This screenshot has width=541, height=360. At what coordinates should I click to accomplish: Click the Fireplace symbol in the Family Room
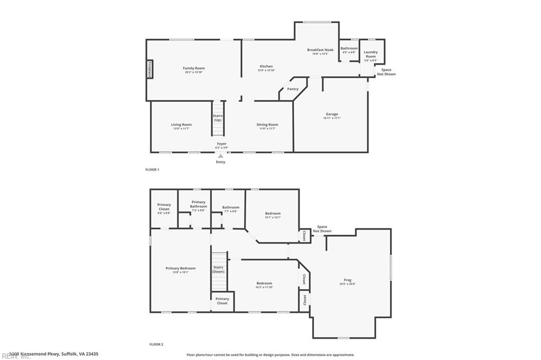(x=150, y=70)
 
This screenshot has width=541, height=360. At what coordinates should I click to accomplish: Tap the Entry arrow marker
(x=221, y=155)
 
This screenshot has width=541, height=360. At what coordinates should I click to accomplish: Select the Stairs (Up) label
(x=218, y=117)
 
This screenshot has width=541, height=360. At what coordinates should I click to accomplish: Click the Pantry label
(x=293, y=89)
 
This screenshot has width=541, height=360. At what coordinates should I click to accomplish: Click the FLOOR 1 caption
(x=152, y=170)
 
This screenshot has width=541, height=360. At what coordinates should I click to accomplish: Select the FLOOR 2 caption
(x=156, y=344)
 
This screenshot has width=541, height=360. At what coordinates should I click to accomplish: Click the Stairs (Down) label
(x=218, y=269)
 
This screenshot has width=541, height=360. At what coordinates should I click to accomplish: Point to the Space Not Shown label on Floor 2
(x=322, y=229)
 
